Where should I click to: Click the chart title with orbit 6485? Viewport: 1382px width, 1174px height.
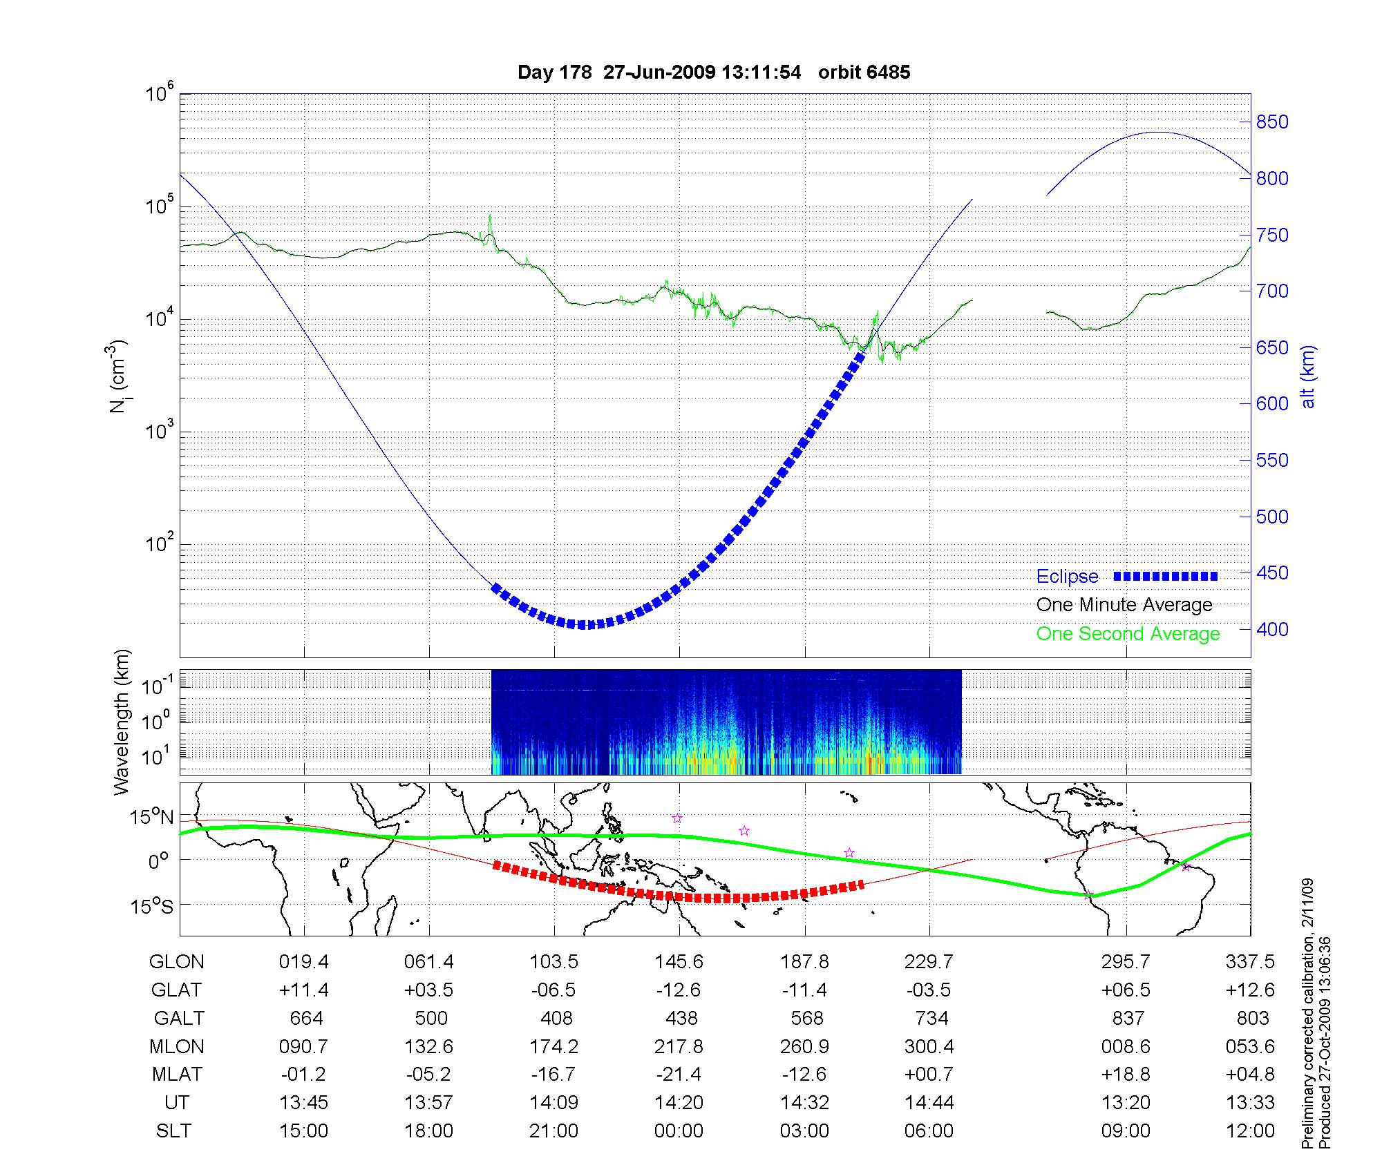click(714, 73)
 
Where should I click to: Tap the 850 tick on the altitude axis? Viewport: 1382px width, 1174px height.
click(1272, 122)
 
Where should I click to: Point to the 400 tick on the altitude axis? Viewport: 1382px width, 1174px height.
click(1272, 629)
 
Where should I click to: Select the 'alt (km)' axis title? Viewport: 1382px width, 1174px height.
click(1308, 376)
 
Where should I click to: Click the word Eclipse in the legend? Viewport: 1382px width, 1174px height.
click(1067, 577)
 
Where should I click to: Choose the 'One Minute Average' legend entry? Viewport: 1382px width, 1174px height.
click(1124, 605)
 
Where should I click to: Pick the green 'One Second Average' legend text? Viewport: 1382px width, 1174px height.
click(1128, 634)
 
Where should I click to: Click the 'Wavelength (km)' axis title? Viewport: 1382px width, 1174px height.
click(122, 722)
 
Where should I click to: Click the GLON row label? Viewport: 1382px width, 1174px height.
click(177, 962)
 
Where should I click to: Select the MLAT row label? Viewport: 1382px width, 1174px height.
click(177, 1075)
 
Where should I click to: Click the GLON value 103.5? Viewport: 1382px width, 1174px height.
click(553, 962)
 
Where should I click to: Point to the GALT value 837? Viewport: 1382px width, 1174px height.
click(1126, 1019)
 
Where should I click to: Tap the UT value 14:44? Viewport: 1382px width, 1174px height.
click(929, 1103)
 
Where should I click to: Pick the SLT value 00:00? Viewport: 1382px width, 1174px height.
click(679, 1131)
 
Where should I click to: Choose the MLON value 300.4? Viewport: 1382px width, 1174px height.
click(929, 1047)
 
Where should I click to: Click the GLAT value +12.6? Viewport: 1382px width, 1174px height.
click(1250, 990)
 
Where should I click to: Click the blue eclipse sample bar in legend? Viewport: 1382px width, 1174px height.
click(1166, 576)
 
